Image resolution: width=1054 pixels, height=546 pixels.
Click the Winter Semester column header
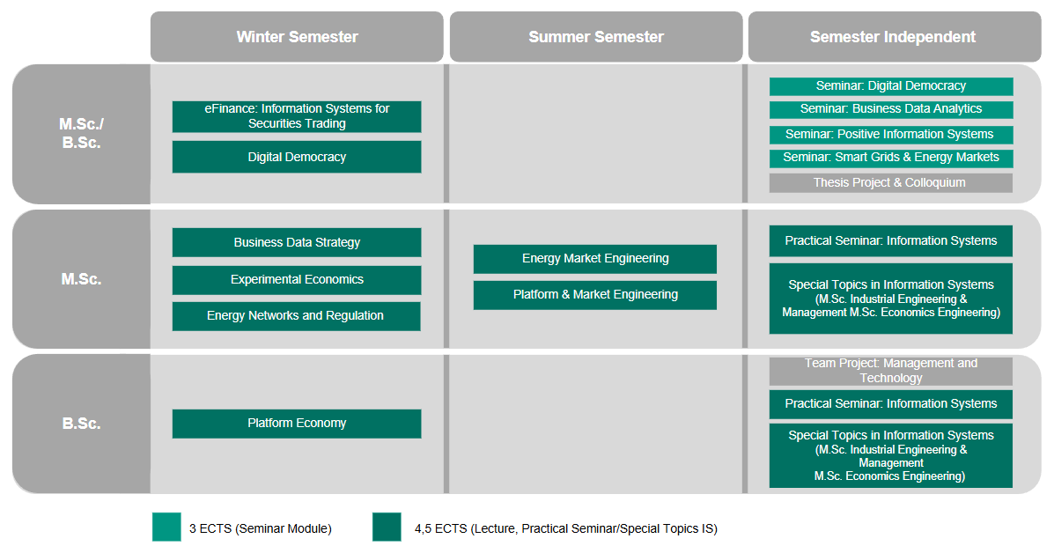[297, 37]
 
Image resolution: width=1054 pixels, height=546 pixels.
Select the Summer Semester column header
[595, 37]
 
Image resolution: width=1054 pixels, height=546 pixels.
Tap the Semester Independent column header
[894, 37]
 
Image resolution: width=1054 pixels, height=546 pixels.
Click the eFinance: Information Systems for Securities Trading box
[297, 116]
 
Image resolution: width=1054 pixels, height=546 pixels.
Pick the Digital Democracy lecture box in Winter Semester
[297, 157]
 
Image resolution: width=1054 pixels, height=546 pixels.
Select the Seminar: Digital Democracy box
[890, 86]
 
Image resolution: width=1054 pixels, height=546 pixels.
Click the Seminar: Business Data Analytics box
[890, 109]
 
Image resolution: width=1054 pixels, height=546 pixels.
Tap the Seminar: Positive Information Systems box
[890, 135]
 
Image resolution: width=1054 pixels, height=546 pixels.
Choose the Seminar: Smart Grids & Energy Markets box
[890, 158]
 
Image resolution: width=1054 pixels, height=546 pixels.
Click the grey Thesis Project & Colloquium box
[890, 183]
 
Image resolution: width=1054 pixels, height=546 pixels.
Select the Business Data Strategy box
[297, 242]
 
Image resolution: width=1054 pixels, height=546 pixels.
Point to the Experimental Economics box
[297, 280]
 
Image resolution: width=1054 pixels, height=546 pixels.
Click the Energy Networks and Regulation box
[297, 316]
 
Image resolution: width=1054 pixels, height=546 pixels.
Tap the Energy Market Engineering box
[595, 259]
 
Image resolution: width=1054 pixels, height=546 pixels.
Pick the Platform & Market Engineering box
[595, 295]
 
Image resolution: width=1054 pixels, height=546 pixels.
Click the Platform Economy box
[297, 424]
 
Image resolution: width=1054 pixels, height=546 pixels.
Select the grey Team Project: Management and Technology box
[890, 371]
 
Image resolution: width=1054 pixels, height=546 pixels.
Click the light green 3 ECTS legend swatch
[166, 528]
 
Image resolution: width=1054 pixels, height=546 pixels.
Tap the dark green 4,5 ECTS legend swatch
[387, 528]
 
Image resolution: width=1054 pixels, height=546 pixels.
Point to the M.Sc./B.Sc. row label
[81, 134]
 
